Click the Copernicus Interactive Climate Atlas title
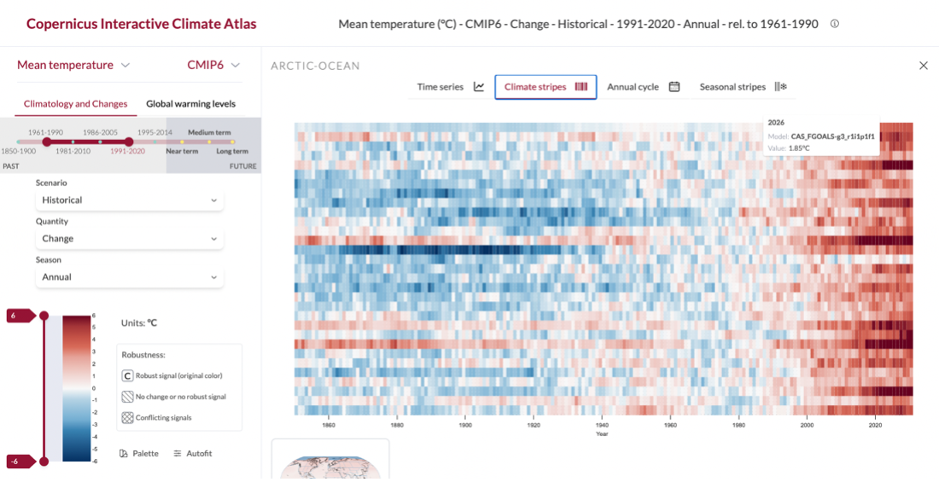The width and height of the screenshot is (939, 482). click(x=141, y=24)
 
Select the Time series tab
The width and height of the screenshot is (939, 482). click(x=450, y=87)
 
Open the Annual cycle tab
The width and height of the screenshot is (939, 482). click(x=643, y=87)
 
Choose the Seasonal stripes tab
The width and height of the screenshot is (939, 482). click(x=742, y=87)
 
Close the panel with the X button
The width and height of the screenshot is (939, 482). click(x=923, y=66)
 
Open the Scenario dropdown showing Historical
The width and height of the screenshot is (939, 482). click(x=130, y=200)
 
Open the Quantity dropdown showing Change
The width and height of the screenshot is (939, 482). click(x=130, y=239)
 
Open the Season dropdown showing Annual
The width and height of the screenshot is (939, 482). click(x=130, y=277)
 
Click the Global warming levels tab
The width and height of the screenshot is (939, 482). click(x=190, y=104)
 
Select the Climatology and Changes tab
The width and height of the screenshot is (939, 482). click(x=75, y=104)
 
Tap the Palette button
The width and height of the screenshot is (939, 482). click(x=139, y=453)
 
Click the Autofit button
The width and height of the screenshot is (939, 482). click(x=192, y=453)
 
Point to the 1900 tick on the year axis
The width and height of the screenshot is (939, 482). click(x=465, y=425)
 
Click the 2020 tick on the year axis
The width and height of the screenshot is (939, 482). click(x=875, y=425)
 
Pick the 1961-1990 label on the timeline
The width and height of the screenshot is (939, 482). click(x=46, y=132)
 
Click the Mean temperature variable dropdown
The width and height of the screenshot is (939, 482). click(x=73, y=65)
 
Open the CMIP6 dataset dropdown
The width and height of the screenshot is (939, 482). click(x=213, y=65)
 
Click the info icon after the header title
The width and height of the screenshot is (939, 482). click(x=834, y=24)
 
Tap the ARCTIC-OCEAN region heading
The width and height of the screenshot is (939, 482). click(x=315, y=66)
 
